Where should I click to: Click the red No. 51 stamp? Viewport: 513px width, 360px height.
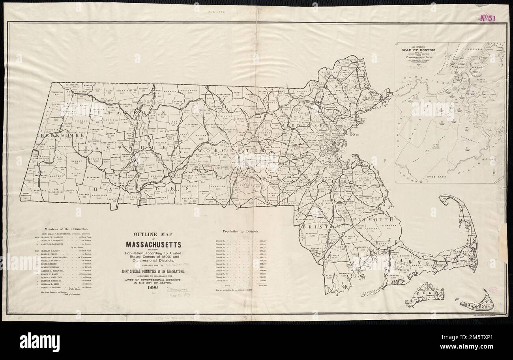[x=489, y=17]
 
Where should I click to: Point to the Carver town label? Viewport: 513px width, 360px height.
[x=370, y=228]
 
